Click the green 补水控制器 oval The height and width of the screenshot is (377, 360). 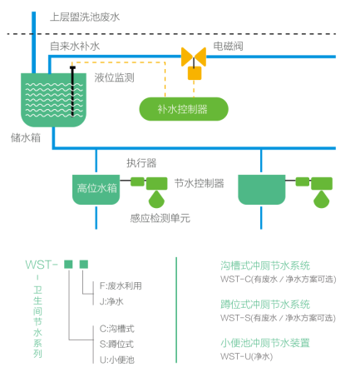pyautogui.click(x=184, y=109)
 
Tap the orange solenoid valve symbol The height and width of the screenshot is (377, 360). pyautogui.click(x=194, y=57)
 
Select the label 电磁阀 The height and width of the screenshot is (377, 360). pyautogui.click(x=228, y=46)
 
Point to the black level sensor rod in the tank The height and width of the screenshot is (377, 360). pyautogui.click(x=72, y=92)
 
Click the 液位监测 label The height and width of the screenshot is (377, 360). pyautogui.click(x=114, y=77)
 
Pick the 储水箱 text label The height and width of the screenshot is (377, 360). pyautogui.click(x=26, y=137)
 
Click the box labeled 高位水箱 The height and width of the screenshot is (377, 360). pyautogui.click(x=96, y=190)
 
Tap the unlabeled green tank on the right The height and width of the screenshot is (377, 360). pyautogui.click(x=262, y=190)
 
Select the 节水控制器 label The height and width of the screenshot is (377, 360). pyautogui.click(x=199, y=183)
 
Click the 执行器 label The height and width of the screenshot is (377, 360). pyautogui.click(x=141, y=163)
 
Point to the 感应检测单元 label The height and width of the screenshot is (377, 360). pyautogui.click(x=160, y=218)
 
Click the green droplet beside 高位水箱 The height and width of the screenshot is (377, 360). pyautogui.click(x=156, y=199)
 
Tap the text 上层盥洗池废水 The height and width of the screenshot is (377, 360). pyautogui.click(x=85, y=17)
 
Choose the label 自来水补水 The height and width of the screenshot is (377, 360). pyautogui.click(x=75, y=46)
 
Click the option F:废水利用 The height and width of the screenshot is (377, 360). pyautogui.click(x=121, y=285)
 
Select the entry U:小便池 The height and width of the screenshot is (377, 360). pyautogui.click(x=117, y=360)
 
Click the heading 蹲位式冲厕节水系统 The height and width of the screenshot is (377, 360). pyautogui.click(x=265, y=305)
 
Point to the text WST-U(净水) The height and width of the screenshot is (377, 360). pyautogui.click(x=247, y=356)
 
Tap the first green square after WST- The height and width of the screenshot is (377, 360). pyautogui.click(x=68, y=264)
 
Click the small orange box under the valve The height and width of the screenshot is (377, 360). pyautogui.click(x=195, y=73)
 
